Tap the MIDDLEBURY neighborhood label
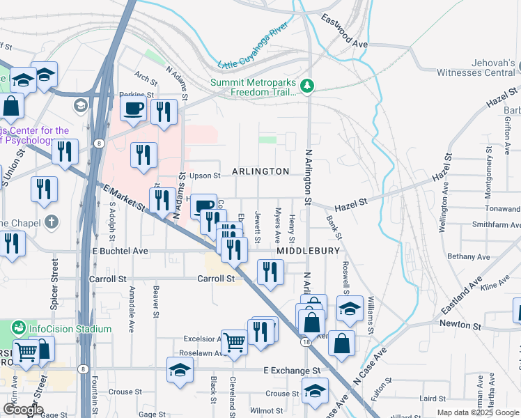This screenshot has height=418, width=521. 309,250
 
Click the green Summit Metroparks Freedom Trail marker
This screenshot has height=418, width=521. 307,86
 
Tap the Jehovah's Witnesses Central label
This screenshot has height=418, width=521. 476,68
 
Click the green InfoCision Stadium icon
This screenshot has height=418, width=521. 19,328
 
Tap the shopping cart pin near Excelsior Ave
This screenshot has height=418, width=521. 234,341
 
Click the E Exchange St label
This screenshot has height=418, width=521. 292,371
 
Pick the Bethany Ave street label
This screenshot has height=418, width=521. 469,257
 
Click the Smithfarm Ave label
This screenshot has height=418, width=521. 495,225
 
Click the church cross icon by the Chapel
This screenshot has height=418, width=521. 51,222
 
